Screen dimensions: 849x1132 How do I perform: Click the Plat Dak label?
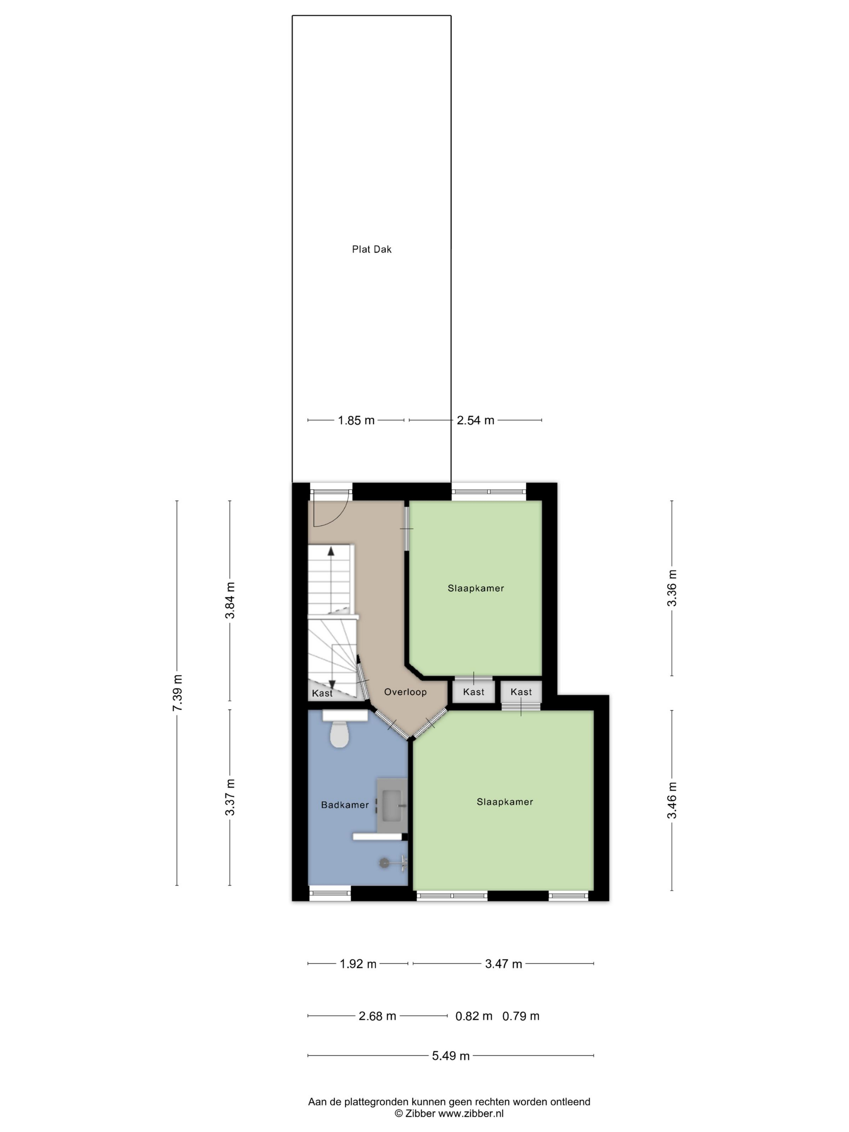coord(372,249)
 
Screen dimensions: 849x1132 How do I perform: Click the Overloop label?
coord(405,692)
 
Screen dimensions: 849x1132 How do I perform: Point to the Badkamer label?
coord(345,805)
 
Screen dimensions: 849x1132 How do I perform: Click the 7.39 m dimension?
coord(177,693)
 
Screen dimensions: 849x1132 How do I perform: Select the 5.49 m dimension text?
coord(450,1056)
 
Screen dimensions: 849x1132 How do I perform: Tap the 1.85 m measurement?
coord(356,420)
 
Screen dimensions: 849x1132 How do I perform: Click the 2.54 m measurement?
coord(475,420)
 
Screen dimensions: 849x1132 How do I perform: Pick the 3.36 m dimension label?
coord(672,588)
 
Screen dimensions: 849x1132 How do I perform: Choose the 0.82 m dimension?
coord(474,1016)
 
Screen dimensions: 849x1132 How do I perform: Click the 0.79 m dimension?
coord(521,1016)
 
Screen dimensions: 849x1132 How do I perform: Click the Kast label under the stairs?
coord(322,693)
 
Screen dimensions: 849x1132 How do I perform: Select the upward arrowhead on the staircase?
coord(331,551)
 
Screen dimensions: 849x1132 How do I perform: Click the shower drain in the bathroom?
coord(384,863)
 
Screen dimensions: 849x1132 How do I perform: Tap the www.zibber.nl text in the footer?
coord(471,1113)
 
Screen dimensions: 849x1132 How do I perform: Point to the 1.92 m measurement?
coord(358,964)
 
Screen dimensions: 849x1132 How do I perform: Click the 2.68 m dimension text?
coord(377,1016)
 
